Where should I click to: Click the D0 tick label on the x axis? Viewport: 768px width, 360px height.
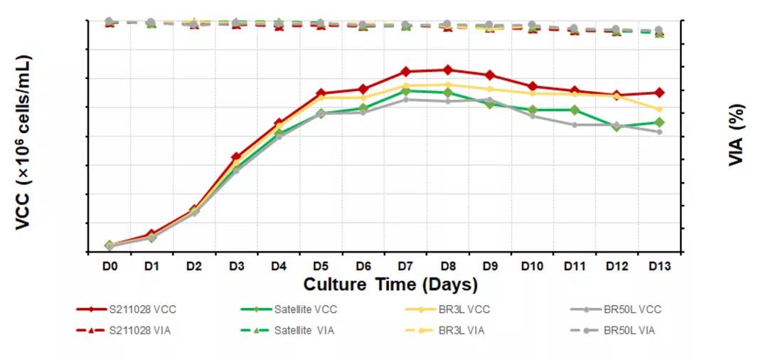109,267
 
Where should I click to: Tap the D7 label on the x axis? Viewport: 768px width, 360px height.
405,267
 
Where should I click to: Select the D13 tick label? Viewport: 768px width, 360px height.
659,267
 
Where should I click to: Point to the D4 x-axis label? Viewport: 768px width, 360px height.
278,267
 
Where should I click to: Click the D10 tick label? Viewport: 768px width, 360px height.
532,267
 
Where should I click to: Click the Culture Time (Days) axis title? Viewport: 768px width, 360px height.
390,285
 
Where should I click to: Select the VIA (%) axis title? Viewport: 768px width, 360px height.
737,135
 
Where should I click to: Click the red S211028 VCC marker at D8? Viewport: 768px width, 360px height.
447,70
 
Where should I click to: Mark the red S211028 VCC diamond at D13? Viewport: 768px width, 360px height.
659,92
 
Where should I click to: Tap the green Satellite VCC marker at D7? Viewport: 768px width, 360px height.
405,91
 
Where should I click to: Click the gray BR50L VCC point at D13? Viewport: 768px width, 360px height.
659,132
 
